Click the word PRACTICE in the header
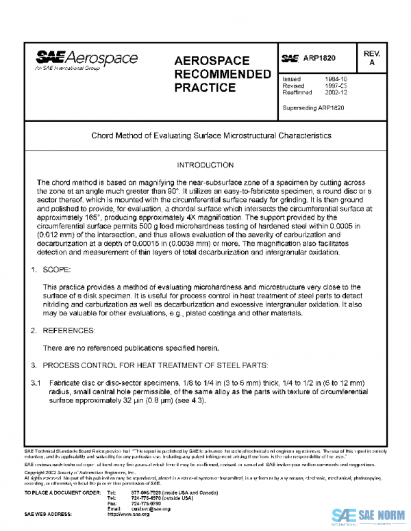[x=205, y=88]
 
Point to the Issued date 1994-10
[x=336, y=79]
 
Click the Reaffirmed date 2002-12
[x=336, y=93]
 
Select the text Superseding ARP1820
[x=311, y=109]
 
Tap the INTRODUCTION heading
[x=205, y=166]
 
